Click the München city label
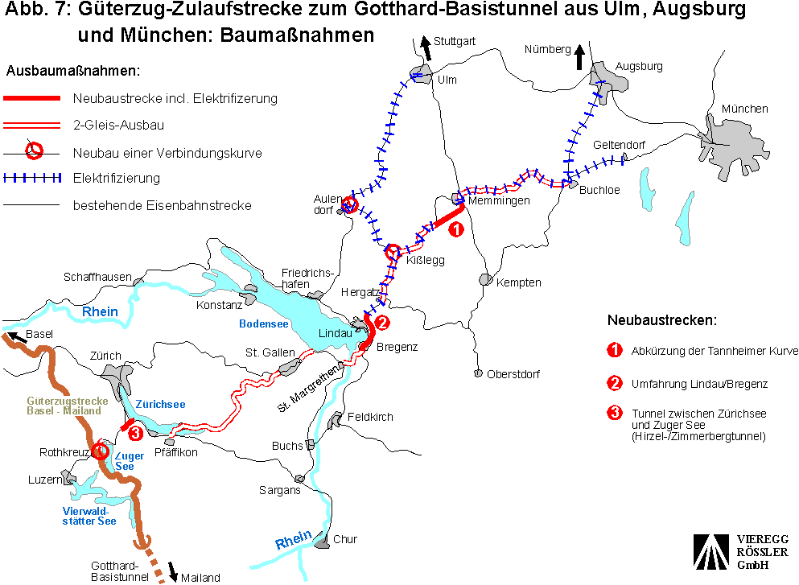[744, 109]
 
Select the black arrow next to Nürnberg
[579, 57]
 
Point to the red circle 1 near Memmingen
[455, 229]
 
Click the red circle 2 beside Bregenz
[382, 323]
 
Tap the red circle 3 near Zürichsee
[135, 434]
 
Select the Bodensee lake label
[263, 323]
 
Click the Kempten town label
[518, 282]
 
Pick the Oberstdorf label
[513, 374]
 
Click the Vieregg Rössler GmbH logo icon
[710, 552]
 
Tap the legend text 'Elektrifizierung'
[116, 178]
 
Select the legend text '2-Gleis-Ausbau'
[118, 125]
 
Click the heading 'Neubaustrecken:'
[661, 320]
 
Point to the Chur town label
[345, 539]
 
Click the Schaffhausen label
[97, 277]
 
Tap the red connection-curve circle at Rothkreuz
[100, 451]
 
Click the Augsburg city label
[639, 66]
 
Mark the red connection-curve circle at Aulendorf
[349, 204]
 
